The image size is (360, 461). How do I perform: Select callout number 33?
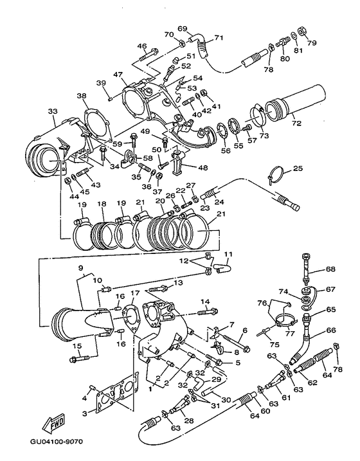pos(52,111)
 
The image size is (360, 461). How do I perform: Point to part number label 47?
pos(118,75)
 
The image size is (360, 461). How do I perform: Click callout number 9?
pos(81,267)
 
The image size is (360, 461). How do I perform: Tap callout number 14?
pos(206,302)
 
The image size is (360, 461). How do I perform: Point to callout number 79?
pos(313,44)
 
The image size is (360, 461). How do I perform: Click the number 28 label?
pos(188,420)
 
